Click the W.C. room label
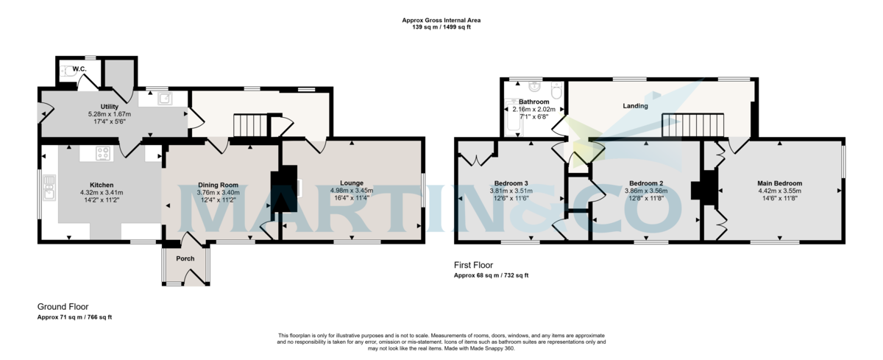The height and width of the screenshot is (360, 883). pyautogui.click(x=79, y=69)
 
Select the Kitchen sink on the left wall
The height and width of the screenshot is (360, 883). pyautogui.click(x=49, y=188)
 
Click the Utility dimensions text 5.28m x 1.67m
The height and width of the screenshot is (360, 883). pyautogui.click(x=109, y=114)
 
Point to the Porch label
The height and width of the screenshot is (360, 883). pyautogui.click(x=185, y=258)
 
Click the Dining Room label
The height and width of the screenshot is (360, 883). pyautogui.click(x=219, y=185)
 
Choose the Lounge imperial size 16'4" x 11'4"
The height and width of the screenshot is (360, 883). pyautogui.click(x=352, y=197)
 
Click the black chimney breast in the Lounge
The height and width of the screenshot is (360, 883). pyautogui.click(x=283, y=191)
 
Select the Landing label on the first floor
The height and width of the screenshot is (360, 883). pyautogui.click(x=635, y=106)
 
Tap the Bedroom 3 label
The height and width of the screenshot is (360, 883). pyautogui.click(x=511, y=183)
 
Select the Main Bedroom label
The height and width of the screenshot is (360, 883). pyautogui.click(x=779, y=183)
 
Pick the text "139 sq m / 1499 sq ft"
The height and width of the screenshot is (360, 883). pyautogui.click(x=441, y=27)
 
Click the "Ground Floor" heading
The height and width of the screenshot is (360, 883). pyautogui.click(x=63, y=306)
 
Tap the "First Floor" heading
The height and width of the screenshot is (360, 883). pyautogui.click(x=473, y=265)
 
